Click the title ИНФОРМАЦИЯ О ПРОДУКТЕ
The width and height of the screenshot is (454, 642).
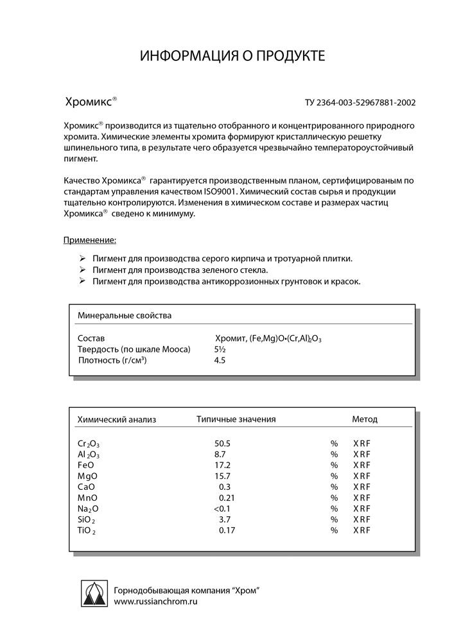(233, 57)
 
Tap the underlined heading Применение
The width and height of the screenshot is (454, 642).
(90, 240)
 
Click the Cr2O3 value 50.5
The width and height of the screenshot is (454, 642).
(222, 444)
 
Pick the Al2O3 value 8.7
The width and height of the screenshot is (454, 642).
(220, 454)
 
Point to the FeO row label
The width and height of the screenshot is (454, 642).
(86, 465)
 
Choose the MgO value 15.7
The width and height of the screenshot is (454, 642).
(222, 476)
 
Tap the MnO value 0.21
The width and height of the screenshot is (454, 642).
(226, 498)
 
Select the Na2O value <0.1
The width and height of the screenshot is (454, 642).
(222, 508)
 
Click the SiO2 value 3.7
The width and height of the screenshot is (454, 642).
(224, 519)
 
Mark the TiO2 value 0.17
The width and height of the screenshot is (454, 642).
(226, 530)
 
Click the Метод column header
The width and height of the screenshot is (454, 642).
(365, 419)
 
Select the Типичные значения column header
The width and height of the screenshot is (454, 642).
(236, 419)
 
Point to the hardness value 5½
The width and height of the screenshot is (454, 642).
(220, 349)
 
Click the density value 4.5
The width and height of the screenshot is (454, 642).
(220, 360)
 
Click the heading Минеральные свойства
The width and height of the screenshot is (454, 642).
(125, 315)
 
